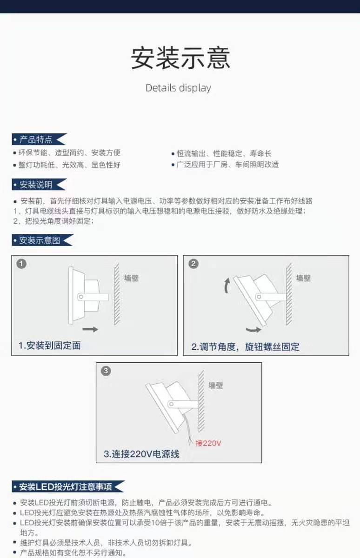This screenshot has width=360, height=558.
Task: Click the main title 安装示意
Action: coord(180,58)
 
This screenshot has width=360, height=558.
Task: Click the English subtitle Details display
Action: coord(178,88)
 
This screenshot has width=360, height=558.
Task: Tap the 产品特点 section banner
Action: coord(38,139)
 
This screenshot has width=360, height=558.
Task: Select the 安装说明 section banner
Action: coord(38,185)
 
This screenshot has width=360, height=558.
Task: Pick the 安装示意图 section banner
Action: coord(41,240)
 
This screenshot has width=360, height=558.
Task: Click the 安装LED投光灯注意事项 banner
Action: coord(67,487)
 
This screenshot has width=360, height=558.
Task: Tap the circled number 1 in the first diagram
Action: coord(21,264)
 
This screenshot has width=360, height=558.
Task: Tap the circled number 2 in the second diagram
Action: coord(193,264)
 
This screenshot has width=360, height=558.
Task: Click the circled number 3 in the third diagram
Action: coord(107,371)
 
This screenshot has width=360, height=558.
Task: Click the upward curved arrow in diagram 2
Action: coord(227,285)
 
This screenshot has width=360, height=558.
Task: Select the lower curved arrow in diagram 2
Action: coord(253,330)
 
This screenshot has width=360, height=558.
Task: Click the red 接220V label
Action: coord(208,443)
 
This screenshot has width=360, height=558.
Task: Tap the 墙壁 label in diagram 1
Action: coord(132,278)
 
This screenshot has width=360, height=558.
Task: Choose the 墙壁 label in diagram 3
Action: coord(216,385)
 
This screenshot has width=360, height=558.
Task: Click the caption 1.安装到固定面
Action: coord(49,345)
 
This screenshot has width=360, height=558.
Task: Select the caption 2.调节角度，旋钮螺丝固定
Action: coord(245,346)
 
